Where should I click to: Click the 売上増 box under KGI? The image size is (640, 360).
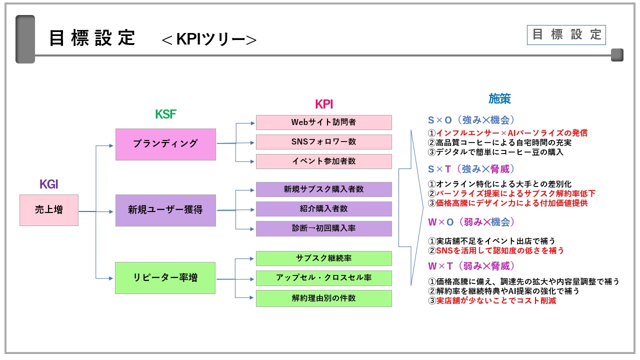[x=49, y=210]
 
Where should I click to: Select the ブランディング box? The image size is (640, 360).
[x=165, y=144]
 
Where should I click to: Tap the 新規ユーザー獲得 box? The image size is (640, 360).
[x=165, y=210]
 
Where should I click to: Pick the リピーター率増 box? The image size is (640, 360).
[x=165, y=277]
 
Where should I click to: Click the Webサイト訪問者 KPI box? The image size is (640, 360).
[x=323, y=122]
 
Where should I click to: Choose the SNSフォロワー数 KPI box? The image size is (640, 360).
[x=323, y=142]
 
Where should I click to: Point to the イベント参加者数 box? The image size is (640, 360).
[x=323, y=161]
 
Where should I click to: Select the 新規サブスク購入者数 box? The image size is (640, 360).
[x=323, y=189]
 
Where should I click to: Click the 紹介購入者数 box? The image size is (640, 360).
[x=323, y=209]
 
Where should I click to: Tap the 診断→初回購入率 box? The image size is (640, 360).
[x=323, y=228]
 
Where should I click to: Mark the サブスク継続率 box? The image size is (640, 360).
[x=323, y=258]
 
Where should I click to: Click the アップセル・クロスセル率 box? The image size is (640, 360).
[x=323, y=278]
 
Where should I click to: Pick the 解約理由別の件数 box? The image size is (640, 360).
[x=323, y=298]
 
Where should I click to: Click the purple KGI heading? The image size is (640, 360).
[x=49, y=184]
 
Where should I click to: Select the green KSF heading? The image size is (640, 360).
[x=165, y=114]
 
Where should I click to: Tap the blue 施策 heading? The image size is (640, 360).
[x=499, y=98]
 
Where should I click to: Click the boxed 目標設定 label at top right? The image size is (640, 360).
[x=566, y=35]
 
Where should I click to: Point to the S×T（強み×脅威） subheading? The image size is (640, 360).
[x=471, y=169]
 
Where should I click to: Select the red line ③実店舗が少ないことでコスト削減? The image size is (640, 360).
[x=492, y=301]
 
